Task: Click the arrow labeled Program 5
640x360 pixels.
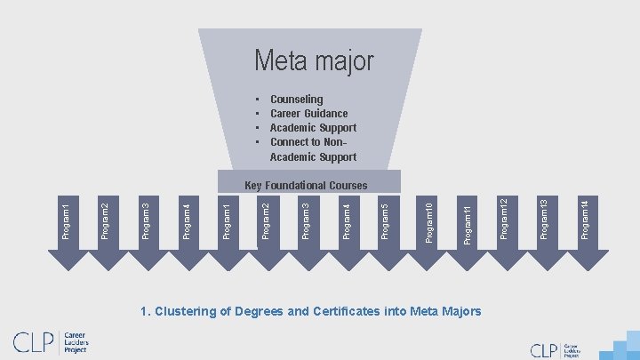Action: click(x=384, y=222)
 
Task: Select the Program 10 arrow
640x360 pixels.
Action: click(x=428, y=222)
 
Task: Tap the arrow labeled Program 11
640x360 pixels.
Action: click(x=468, y=222)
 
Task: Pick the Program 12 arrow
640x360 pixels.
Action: click(x=505, y=222)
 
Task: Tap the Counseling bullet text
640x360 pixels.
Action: click(x=296, y=100)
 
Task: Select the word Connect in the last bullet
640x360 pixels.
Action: click(x=291, y=142)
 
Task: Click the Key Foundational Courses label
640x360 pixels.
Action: click(x=305, y=186)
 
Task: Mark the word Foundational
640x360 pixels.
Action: click(x=295, y=186)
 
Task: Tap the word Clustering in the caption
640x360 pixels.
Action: click(x=185, y=311)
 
